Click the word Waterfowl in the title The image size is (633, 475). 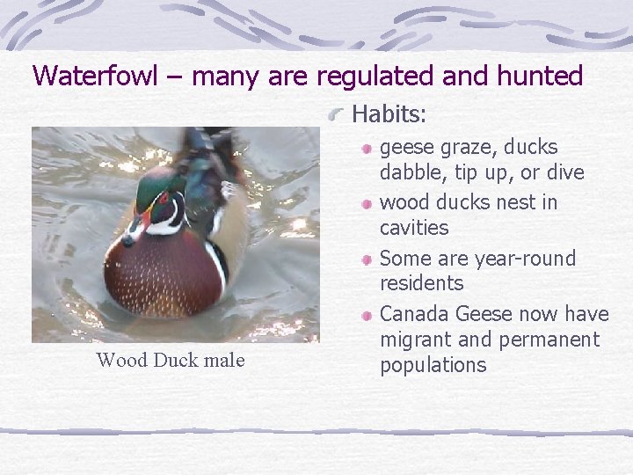(94, 76)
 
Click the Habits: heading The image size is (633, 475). (389, 114)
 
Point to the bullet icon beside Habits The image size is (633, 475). (338, 114)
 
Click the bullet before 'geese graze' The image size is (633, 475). (369, 148)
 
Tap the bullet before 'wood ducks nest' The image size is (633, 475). (369, 203)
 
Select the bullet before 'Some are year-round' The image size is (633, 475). (369, 259)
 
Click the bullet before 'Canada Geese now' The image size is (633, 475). (369, 315)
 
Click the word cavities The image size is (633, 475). (413, 228)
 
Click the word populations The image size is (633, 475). (433, 365)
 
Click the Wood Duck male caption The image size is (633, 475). (171, 360)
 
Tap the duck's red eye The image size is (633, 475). (162, 199)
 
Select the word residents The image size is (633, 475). (421, 283)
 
